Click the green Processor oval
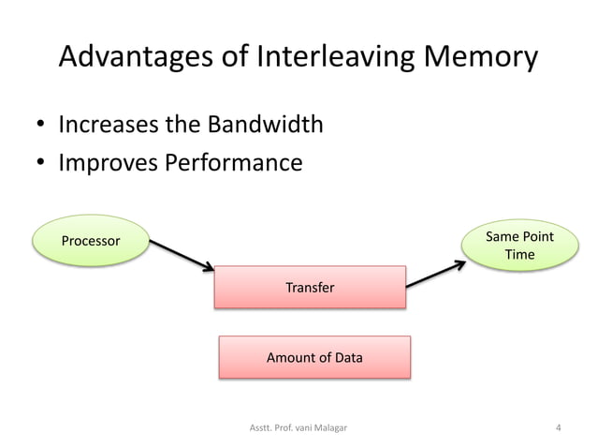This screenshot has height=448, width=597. pos(91,241)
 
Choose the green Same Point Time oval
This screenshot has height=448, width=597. pos(519,246)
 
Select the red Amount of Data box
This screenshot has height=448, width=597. pos(314,357)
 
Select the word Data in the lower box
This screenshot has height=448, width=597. pos(347,357)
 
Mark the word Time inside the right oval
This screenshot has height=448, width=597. pos(519,255)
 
